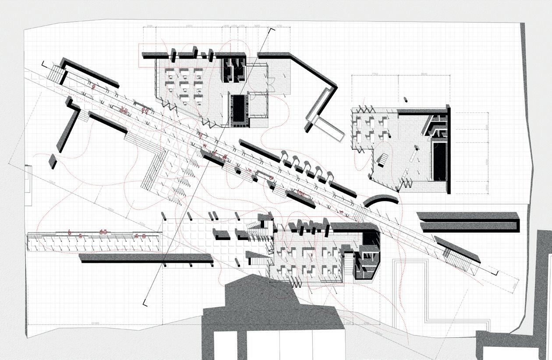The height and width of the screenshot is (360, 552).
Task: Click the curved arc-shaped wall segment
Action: [380, 199]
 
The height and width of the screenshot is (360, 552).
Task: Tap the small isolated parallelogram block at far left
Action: [53, 161]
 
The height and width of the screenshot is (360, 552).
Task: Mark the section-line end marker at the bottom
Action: [145, 303]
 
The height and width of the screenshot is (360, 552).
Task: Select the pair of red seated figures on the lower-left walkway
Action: [104, 232]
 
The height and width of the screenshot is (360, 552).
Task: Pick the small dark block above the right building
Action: [405, 99]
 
